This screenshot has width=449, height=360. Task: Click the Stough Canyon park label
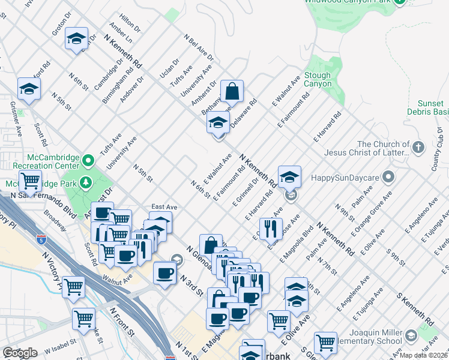(x=317, y=80)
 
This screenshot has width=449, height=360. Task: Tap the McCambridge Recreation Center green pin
(x=88, y=160)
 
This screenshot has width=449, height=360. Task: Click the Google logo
(x=20, y=353)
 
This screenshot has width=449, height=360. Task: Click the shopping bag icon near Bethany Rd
(x=232, y=92)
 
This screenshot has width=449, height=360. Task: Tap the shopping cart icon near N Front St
(x=83, y=318)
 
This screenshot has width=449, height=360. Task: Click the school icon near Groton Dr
(x=77, y=40)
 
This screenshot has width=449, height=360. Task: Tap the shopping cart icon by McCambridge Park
(x=30, y=180)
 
